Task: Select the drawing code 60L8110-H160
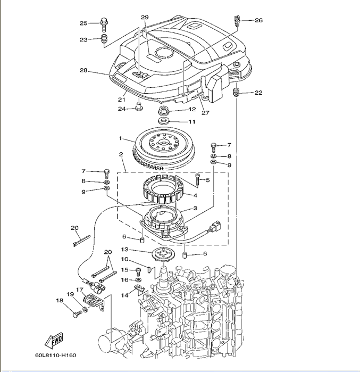pyautogui.click(x=56, y=355)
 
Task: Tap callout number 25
pyautogui.click(x=83, y=23)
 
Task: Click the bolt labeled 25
pyautogui.click(x=104, y=24)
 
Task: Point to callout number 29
pyautogui.click(x=145, y=17)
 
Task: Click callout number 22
pyautogui.click(x=258, y=92)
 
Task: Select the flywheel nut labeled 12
pyautogui.click(x=163, y=111)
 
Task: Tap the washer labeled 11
pyautogui.click(x=163, y=121)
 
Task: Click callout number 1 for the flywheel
pyautogui.click(x=121, y=138)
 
